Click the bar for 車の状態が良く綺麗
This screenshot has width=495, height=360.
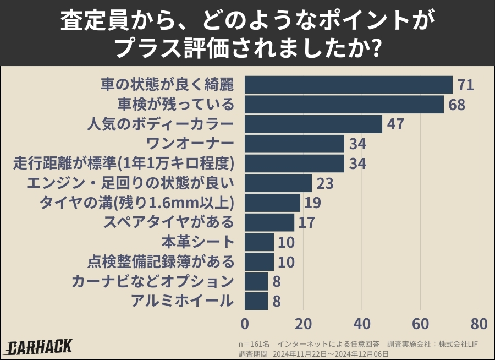pyautogui.click(x=348, y=85)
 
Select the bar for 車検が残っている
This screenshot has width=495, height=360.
pyautogui.click(x=344, y=105)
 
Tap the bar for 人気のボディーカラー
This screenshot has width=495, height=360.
pyautogui.click(x=313, y=124)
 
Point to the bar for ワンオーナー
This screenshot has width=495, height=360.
pyautogui.click(x=294, y=144)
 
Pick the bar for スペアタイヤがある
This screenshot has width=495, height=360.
pyautogui.click(x=269, y=222)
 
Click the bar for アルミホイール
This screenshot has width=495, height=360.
pyautogui.click(x=256, y=301)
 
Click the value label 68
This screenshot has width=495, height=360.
pyautogui.click(x=457, y=105)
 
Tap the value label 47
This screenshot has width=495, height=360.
pyautogui.click(x=395, y=124)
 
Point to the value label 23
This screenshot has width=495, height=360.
pyautogui.click(x=325, y=183)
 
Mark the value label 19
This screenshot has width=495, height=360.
pyautogui.click(x=313, y=203)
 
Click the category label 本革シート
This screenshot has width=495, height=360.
pyautogui.click(x=198, y=242)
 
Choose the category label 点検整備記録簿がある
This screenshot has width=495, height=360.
pyautogui.click(x=161, y=261)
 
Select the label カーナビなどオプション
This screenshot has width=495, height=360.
pyautogui.click(x=153, y=281)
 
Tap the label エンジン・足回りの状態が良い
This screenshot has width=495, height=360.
pyautogui.click(x=130, y=183)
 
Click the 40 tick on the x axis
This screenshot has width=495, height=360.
pyautogui.click(x=362, y=322)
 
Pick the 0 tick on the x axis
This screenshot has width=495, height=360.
pyautogui.click(x=245, y=322)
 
